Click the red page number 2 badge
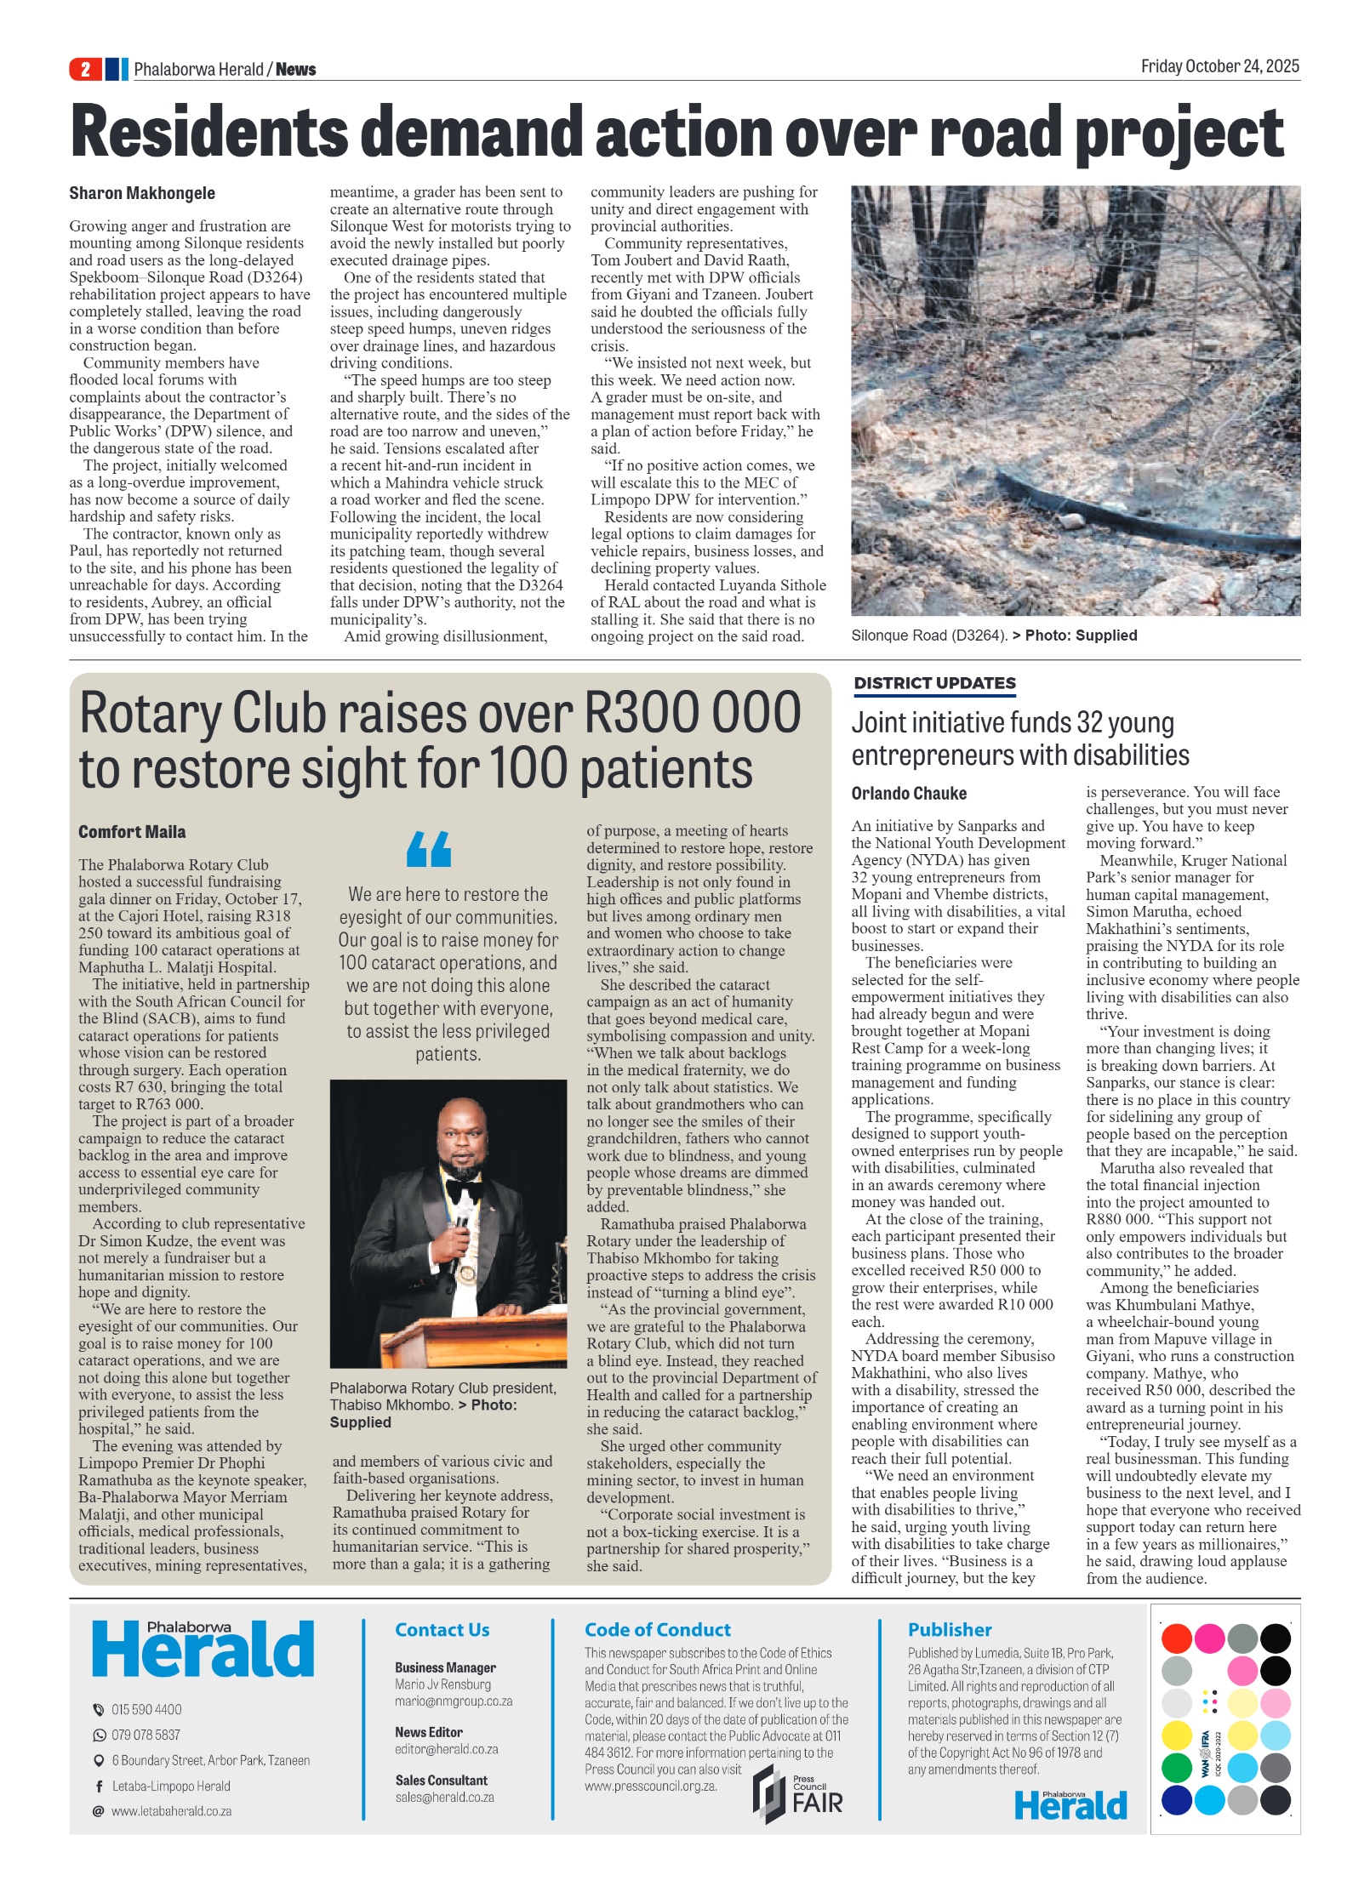[x=85, y=69]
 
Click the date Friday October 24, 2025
[x=1219, y=66]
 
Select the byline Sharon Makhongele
[x=142, y=193]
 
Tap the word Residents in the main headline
[x=209, y=133]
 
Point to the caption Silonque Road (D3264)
[x=929, y=635]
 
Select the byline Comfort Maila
[x=132, y=832]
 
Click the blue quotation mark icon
[x=429, y=848]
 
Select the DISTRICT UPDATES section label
[x=934, y=683]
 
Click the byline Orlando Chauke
[x=909, y=794]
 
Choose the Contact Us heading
[x=442, y=1630]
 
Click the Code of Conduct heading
[x=657, y=1630]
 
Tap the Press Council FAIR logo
[x=797, y=1794]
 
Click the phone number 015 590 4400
[x=146, y=1710]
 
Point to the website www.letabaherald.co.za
[x=171, y=1811]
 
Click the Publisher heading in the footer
[x=949, y=1630]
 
